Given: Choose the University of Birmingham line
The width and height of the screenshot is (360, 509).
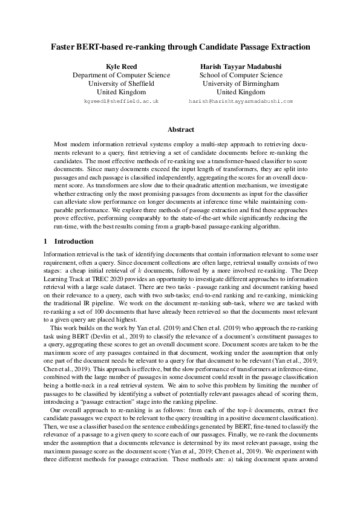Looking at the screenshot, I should tap(240, 83).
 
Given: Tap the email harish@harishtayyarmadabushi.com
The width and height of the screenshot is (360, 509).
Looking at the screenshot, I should tap(240, 102).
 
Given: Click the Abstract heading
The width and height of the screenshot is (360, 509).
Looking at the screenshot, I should tap(180, 129).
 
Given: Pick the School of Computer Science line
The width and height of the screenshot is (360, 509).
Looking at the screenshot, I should tap(240, 74).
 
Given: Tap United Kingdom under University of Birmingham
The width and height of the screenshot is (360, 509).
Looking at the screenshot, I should tap(240, 92).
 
